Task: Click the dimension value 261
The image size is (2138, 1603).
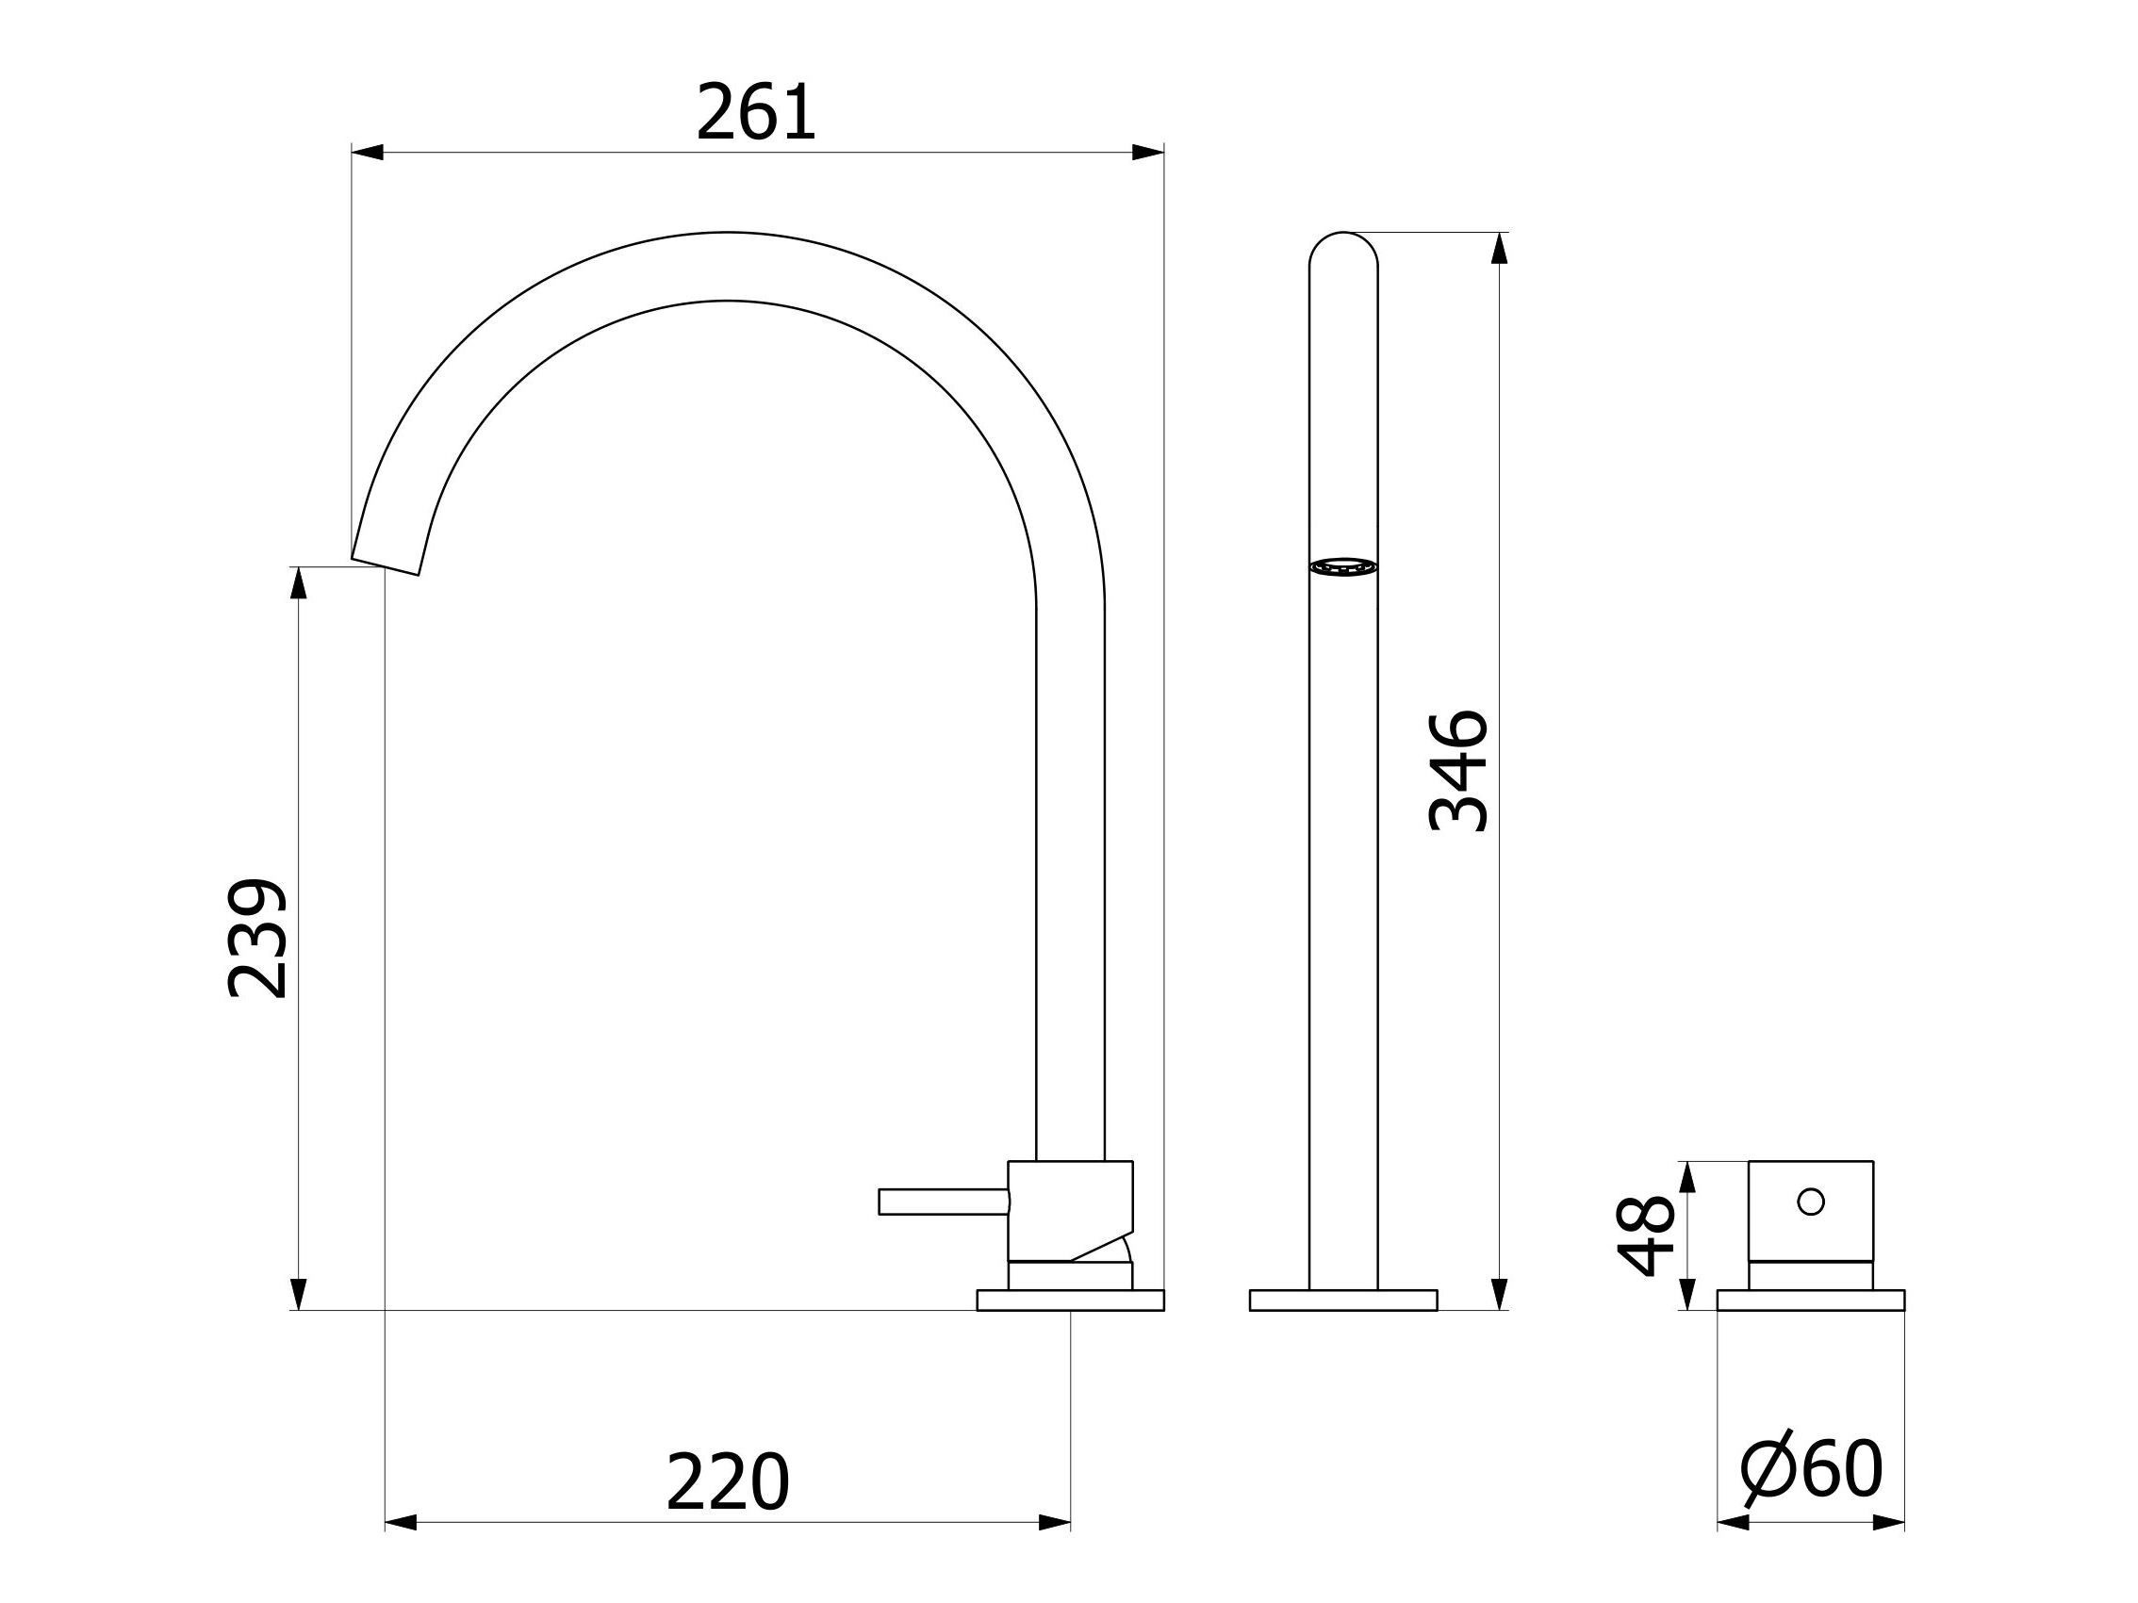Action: click(x=756, y=113)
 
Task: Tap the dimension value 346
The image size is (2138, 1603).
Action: click(x=1457, y=770)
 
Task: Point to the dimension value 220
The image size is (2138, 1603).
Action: click(x=727, y=1482)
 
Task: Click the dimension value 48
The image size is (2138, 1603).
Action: click(x=1645, y=1235)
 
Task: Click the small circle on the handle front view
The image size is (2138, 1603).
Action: click(x=1810, y=1201)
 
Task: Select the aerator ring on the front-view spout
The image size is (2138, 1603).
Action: click(x=1342, y=567)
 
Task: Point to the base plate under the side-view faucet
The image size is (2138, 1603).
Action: click(x=1070, y=1300)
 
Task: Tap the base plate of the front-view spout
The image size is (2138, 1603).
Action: click(x=1342, y=1300)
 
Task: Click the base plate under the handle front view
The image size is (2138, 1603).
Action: click(x=1810, y=1300)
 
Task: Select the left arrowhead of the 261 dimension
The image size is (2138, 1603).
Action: click(x=368, y=153)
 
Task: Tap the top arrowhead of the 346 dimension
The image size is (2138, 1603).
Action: click(x=1499, y=249)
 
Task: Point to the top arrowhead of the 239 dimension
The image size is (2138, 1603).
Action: click(x=299, y=582)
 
